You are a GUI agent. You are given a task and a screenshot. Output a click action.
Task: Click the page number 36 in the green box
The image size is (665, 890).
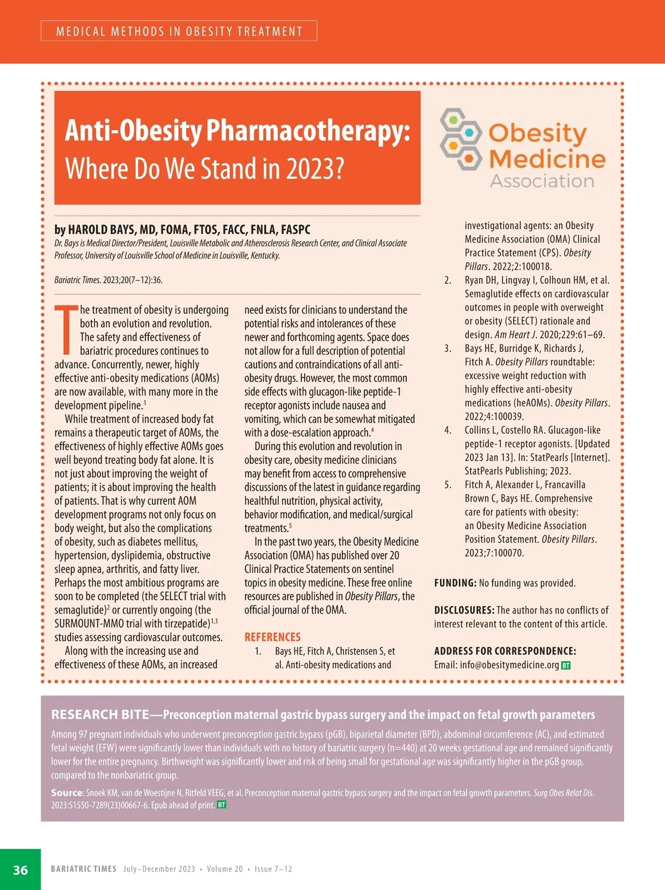click(x=21, y=869)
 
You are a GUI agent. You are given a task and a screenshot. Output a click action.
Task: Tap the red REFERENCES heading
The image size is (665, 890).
click(x=272, y=637)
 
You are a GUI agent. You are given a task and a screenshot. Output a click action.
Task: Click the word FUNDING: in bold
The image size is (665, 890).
click(x=455, y=583)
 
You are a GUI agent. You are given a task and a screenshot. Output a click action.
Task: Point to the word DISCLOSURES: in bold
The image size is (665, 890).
click(x=464, y=610)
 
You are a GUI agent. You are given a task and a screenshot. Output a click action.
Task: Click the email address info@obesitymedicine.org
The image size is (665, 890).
click(x=509, y=664)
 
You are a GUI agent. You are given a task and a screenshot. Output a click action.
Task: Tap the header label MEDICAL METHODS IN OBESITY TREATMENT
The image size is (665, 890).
click(x=179, y=31)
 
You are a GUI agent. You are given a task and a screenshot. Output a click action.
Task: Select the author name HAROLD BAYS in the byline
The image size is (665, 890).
click(x=101, y=229)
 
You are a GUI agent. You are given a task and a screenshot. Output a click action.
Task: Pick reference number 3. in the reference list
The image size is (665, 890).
click(x=448, y=348)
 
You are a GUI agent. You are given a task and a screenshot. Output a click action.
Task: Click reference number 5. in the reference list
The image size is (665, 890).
click(x=448, y=484)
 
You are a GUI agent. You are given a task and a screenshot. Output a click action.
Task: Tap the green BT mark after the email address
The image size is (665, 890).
click(x=566, y=665)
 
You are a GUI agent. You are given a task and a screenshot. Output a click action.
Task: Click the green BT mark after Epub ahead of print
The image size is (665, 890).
click(x=222, y=805)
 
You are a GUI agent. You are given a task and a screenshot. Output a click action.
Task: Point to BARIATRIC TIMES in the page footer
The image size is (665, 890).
click(x=84, y=869)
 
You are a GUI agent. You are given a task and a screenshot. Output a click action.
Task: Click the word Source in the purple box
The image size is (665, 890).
click(x=66, y=792)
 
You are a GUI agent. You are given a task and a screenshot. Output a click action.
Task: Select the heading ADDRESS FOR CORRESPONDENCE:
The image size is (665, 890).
click(x=505, y=651)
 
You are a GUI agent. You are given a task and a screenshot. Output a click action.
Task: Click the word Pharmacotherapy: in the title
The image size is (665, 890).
click(x=308, y=131)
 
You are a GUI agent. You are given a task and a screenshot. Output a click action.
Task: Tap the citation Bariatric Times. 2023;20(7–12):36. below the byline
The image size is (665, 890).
click(x=109, y=280)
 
